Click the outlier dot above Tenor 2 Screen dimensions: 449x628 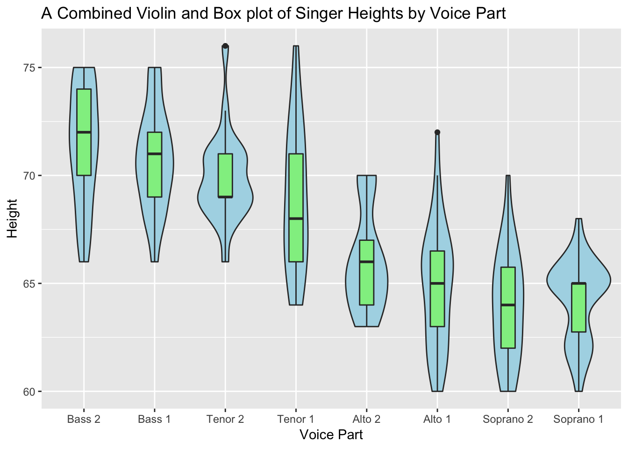click(225, 46)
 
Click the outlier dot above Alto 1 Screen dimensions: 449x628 click(437, 132)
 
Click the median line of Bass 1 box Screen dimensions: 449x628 click(155, 153)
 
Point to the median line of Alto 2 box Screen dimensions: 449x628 click(367, 262)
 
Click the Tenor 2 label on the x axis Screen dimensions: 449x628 click(225, 420)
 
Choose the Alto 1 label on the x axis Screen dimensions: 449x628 click(437, 420)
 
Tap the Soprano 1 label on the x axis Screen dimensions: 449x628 click(578, 420)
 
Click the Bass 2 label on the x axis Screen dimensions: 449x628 click(84, 420)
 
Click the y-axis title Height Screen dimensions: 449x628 click(13, 218)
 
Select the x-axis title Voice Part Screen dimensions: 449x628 click(331, 435)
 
